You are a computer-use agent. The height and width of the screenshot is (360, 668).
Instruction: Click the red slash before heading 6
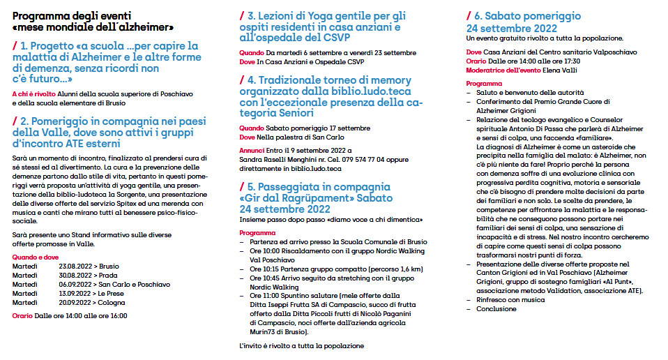coord(469,15)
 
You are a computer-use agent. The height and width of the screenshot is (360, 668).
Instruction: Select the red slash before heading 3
coord(242,15)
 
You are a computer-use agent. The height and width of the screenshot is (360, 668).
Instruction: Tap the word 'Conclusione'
coord(496,308)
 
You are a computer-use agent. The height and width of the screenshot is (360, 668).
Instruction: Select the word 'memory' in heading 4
coord(391,80)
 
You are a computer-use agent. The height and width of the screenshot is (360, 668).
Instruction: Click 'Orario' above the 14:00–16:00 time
coord(23,316)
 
